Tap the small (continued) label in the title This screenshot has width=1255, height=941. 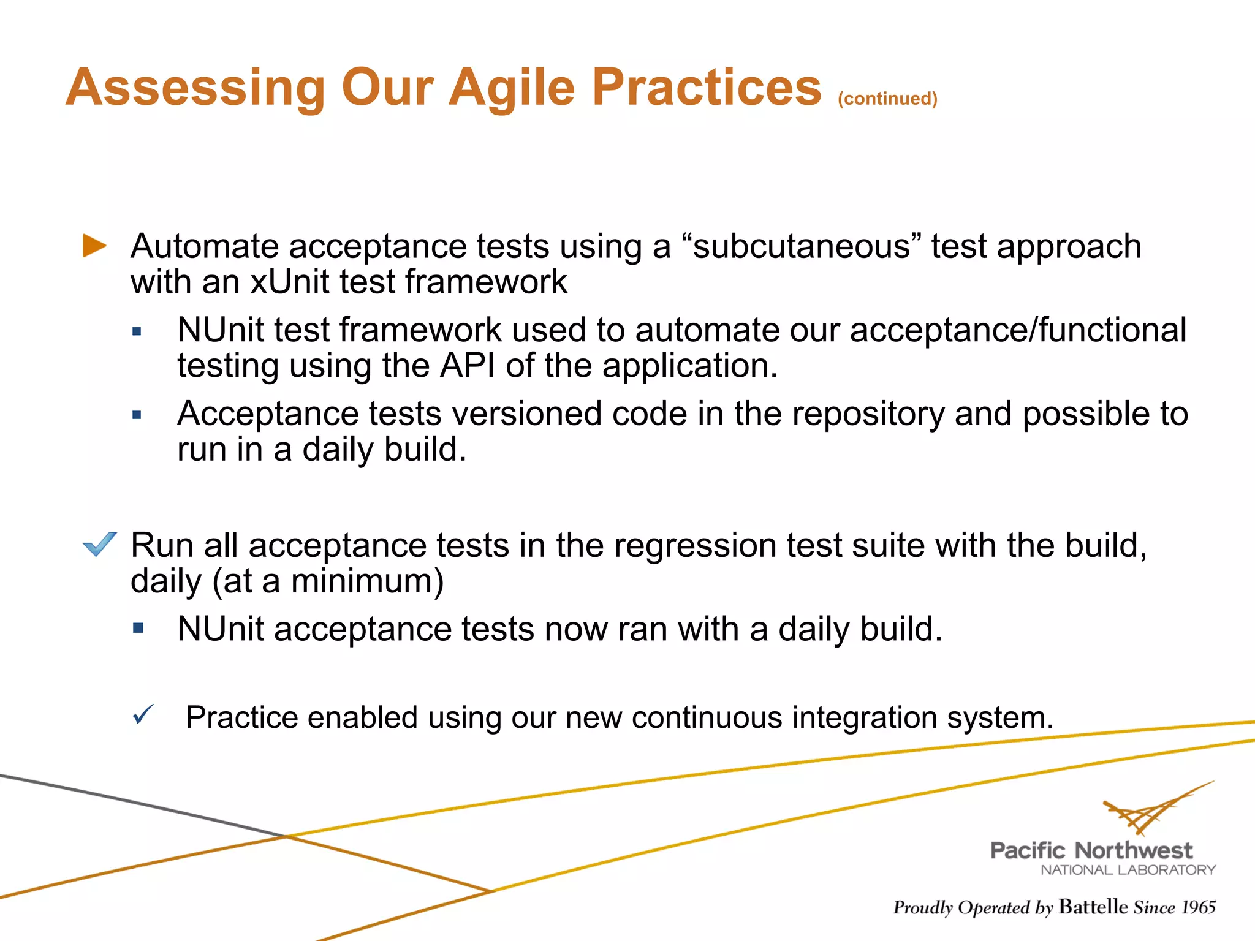pyautogui.click(x=887, y=99)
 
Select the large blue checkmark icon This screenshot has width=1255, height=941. pyautogui.click(x=99, y=544)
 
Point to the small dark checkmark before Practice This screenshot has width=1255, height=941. pyautogui.click(x=143, y=714)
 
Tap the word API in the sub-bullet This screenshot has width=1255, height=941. pyautogui.click(x=468, y=366)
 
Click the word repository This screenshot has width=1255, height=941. pyautogui.click(x=868, y=414)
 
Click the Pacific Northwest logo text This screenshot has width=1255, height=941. pyautogui.click(x=1091, y=850)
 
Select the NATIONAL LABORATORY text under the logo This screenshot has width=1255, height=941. pyautogui.click(x=1128, y=870)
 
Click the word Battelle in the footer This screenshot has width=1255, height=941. pyautogui.click(x=1093, y=907)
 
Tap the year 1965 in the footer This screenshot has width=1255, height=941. pyautogui.click(x=1198, y=907)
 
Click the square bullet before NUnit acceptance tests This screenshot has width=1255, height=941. pyautogui.click(x=138, y=628)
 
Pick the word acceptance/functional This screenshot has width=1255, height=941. pyautogui.click(x=1018, y=330)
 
